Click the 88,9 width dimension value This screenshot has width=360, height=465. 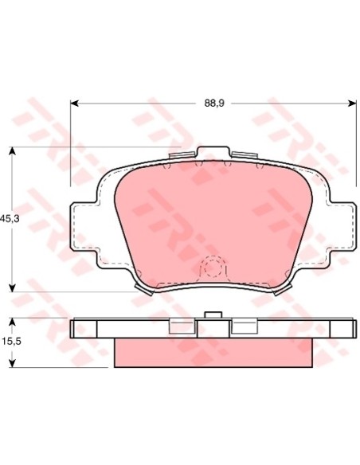coord(214,104)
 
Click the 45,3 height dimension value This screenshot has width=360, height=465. coord(10,220)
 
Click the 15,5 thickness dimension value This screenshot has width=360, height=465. coord(11,342)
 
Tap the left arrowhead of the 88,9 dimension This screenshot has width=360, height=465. coord(74,104)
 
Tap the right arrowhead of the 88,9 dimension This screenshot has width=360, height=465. coord(352,104)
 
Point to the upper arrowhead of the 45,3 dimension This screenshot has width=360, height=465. coord(12,150)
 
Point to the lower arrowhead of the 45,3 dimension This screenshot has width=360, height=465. coord(12,288)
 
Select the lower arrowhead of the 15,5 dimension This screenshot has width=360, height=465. coord(12,364)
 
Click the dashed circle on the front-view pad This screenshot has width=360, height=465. coord(213,268)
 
